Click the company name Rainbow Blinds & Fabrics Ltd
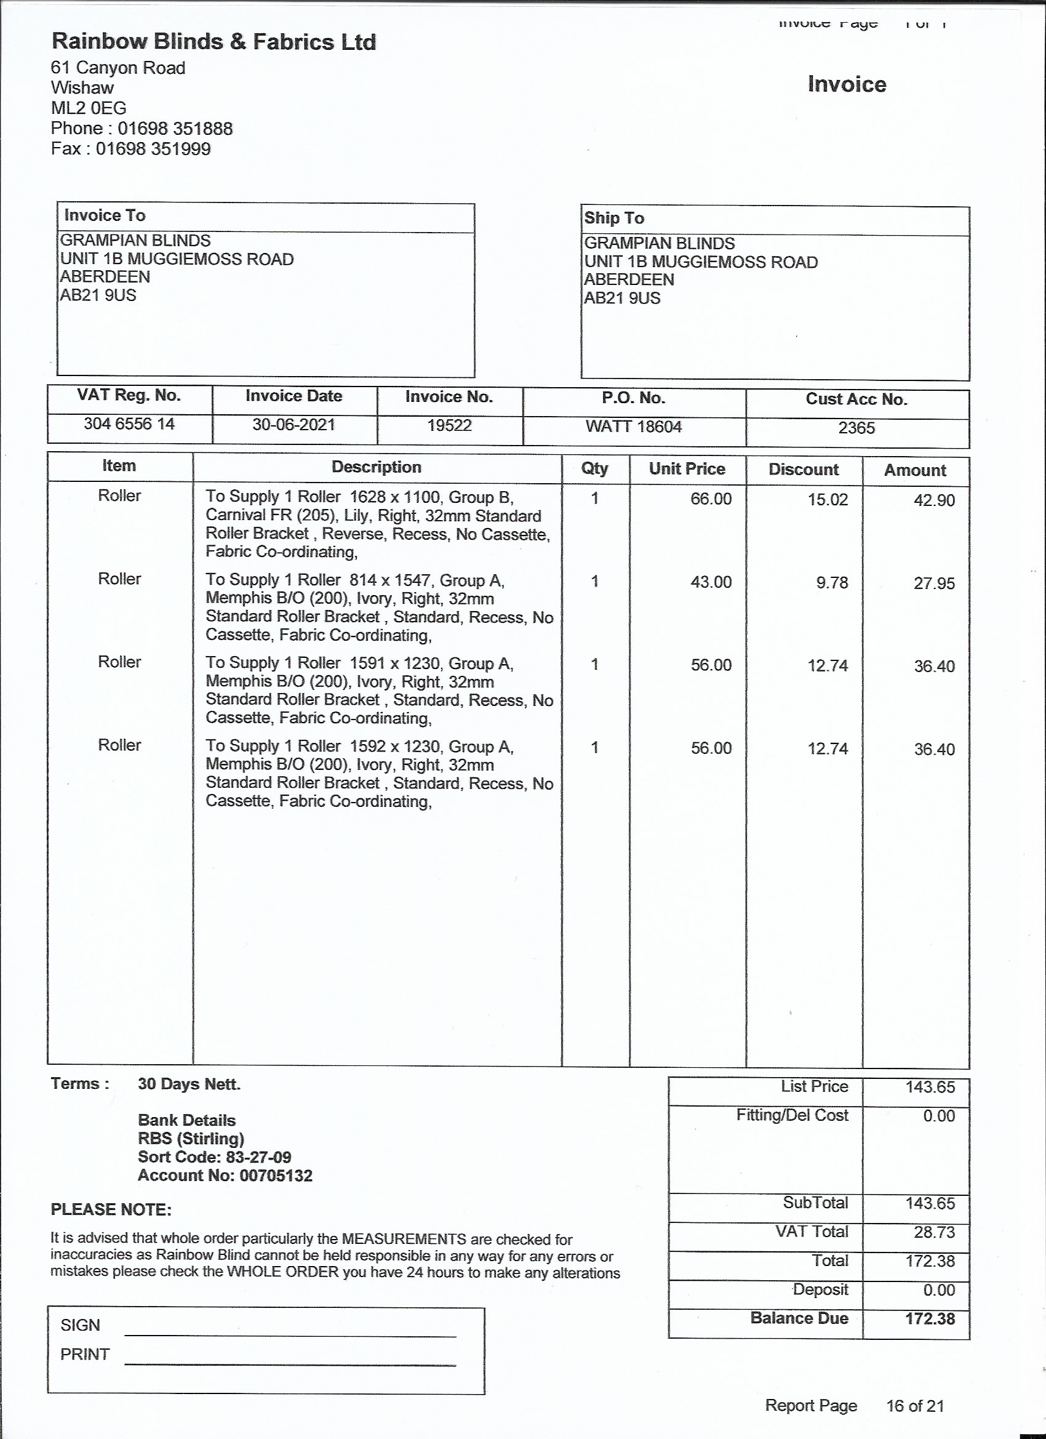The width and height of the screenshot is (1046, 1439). pos(214,42)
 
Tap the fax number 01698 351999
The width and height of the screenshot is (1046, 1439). pos(153,149)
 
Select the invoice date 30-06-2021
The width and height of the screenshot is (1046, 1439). pos(293,425)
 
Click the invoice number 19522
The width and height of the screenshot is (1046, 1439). pos(449,425)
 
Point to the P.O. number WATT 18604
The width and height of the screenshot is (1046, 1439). pos(634,427)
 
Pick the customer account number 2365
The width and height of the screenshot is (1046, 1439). pos(856,428)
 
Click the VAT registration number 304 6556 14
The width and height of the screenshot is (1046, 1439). pos(129,423)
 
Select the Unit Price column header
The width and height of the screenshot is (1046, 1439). pos(687,469)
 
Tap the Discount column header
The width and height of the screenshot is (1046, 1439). pos(803,470)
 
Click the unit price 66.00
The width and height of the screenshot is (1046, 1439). pos(711,499)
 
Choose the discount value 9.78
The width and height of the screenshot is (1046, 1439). pos(832,582)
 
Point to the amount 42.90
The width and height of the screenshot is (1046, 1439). pos(934,500)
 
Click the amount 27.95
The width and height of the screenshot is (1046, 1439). pos(934,583)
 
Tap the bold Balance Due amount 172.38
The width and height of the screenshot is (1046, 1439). pos(929,1318)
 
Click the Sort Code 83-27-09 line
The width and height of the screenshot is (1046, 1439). pos(214,1156)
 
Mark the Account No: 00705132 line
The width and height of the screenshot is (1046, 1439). pos(225,1176)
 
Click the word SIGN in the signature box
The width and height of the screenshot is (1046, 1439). pos(80,1325)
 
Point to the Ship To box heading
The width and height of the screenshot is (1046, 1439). pos(613,218)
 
